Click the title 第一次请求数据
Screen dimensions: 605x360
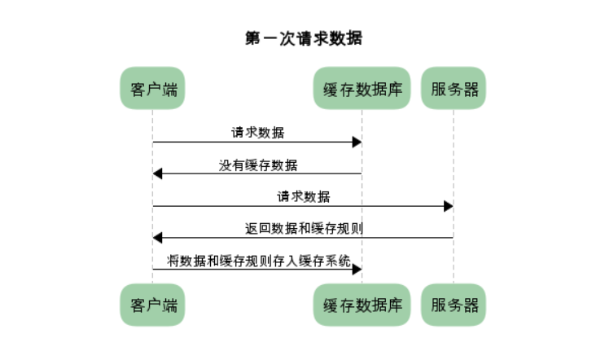(304, 38)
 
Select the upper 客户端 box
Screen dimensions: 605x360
(152, 88)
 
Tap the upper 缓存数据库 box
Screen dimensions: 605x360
(362, 88)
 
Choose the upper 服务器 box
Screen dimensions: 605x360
(454, 88)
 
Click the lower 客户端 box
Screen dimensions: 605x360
(152, 305)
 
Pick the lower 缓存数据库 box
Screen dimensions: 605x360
(362, 305)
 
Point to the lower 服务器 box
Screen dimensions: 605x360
(454, 305)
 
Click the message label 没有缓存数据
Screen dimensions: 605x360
(258, 165)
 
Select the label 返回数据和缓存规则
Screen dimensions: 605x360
(304, 228)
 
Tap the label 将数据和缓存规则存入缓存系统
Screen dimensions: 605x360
(259, 261)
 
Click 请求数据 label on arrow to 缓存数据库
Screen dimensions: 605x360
(258, 133)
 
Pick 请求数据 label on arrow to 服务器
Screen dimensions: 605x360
(304, 197)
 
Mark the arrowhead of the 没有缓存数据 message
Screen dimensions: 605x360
(157, 173)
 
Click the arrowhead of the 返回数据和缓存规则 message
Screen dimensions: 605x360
(157, 238)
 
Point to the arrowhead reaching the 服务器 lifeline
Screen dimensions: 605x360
(449, 206)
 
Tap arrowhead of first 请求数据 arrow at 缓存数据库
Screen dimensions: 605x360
(357, 142)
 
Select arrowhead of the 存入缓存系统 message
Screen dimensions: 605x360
(357, 270)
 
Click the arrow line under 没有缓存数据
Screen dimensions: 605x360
(257, 173)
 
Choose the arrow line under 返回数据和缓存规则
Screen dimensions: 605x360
(303, 238)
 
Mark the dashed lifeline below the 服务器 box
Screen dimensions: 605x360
(454, 196)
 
